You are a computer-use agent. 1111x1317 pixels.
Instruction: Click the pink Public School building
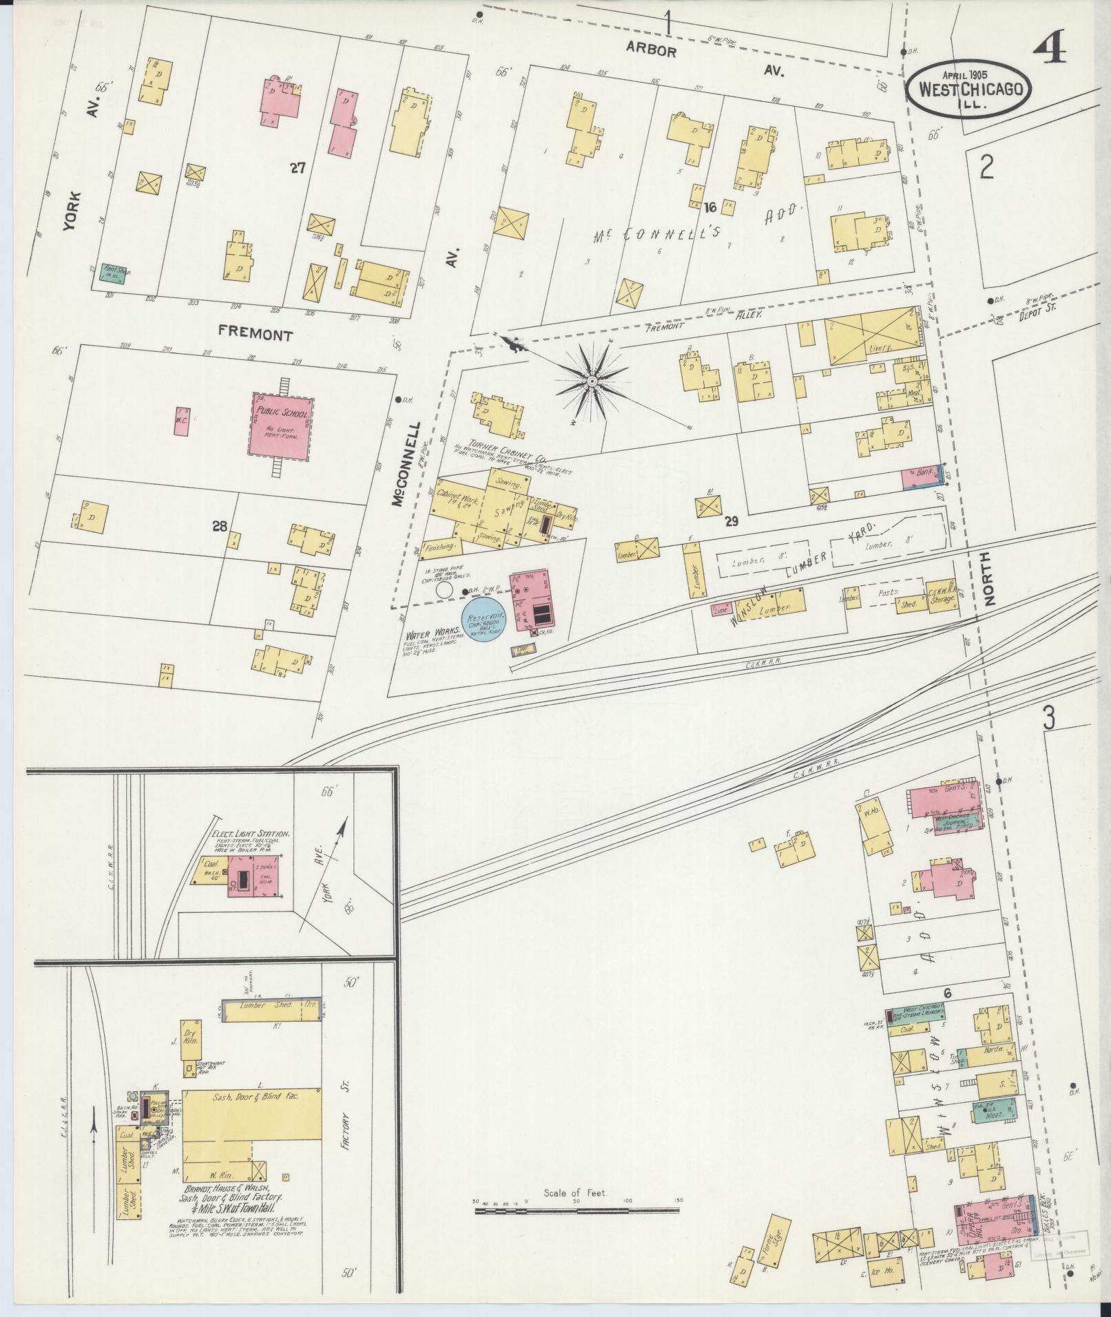click(280, 428)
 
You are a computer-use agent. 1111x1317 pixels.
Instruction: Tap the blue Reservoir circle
click(484, 618)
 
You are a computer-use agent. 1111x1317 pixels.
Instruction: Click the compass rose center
click(592, 380)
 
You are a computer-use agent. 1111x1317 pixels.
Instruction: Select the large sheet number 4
click(1051, 48)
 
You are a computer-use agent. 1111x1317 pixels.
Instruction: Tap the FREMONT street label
click(256, 335)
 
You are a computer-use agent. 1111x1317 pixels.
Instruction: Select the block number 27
click(297, 167)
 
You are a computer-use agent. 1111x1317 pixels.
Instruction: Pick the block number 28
click(219, 526)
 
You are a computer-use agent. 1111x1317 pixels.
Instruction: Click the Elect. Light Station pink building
click(260, 875)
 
